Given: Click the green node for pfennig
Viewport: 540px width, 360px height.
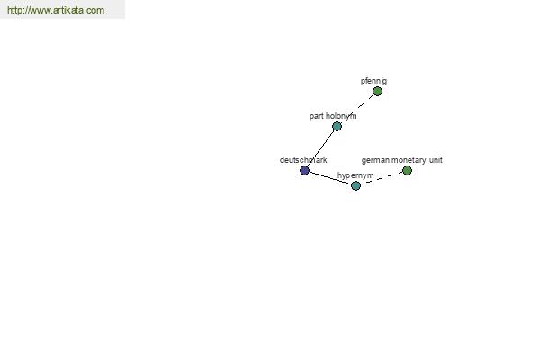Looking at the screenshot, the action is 377,91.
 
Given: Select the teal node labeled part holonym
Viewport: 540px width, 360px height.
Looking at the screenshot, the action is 337,126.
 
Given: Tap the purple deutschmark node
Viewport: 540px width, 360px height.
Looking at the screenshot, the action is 304,170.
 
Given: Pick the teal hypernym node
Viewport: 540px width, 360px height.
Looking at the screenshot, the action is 355,186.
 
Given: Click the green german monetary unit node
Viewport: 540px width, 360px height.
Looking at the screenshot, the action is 407,170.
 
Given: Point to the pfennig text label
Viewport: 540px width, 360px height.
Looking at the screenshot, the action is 373,81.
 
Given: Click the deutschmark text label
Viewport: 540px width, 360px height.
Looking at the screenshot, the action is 303,160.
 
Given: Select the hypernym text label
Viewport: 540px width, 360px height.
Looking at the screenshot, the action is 355,175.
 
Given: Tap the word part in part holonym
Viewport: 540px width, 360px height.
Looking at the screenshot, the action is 316,116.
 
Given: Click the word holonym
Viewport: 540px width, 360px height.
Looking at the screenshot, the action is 341,116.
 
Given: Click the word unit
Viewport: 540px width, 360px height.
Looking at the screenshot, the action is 436,160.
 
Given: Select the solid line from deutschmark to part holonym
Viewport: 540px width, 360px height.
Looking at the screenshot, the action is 320,148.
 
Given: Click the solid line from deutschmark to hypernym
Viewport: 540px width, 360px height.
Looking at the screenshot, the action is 330,178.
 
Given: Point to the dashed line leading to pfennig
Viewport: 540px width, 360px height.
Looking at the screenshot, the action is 365,102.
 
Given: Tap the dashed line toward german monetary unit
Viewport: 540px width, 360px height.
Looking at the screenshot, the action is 383,178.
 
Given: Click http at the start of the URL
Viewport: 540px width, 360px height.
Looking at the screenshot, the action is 14,10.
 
